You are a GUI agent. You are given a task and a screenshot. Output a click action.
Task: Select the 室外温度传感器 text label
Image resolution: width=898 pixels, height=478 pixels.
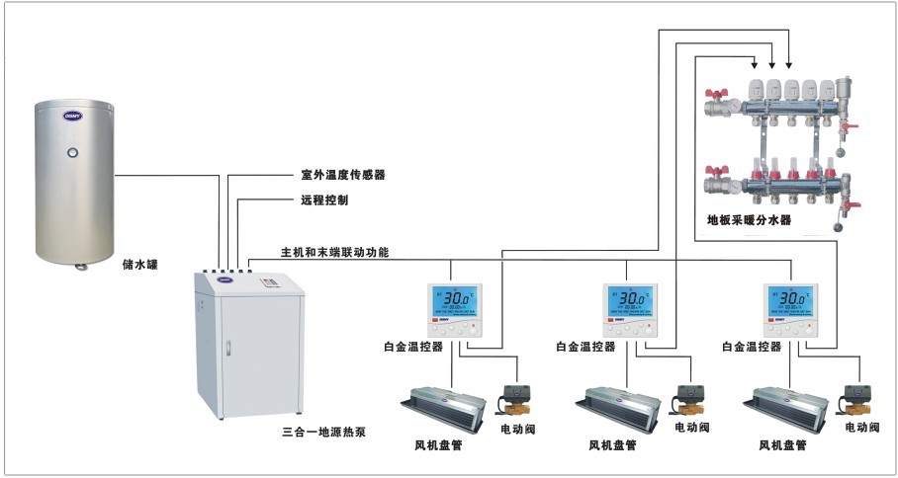(x=342, y=175)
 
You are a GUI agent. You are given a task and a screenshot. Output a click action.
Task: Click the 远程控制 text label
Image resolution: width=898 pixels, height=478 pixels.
(x=323, y=199)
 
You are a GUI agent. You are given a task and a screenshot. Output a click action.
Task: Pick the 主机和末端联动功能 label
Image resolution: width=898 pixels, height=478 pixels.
(x=327, y=253)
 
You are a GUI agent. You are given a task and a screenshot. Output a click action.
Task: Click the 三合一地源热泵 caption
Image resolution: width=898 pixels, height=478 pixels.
(x=324, y=433)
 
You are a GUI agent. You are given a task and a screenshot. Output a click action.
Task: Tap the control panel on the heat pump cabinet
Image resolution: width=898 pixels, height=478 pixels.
(x=270, y=284)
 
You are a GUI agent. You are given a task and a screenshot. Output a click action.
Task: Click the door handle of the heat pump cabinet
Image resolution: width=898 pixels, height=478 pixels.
(x=229, y=349)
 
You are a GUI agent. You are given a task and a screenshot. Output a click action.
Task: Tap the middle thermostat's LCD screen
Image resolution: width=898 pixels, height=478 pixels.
(x=628, y=298)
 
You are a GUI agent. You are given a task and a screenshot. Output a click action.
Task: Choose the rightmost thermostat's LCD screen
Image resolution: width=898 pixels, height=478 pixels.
(x=789, y=298)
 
